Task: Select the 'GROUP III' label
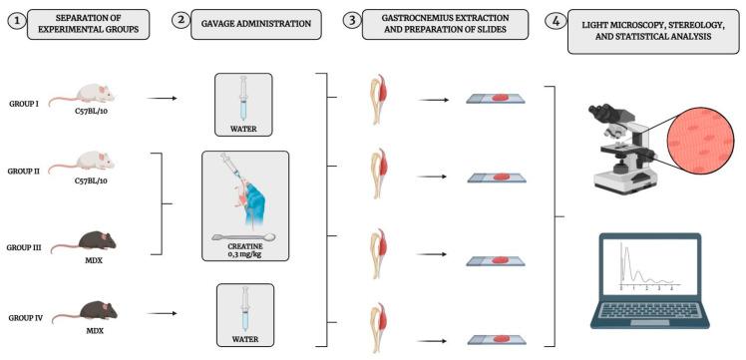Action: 24,246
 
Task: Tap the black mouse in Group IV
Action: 80,309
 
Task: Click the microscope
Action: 618,150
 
